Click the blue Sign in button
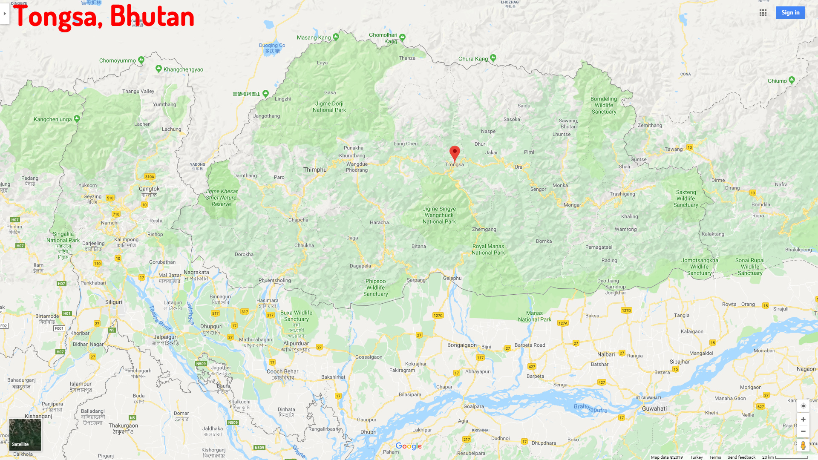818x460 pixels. click(x=790, y=13)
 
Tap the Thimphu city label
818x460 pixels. click(x=315, y=170)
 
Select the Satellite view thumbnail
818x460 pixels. click(x=25, y=434)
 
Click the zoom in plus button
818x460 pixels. click(x=803, y=420)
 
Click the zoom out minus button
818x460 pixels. click(x=803, y=431)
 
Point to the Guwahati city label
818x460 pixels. click(x=654, y=408)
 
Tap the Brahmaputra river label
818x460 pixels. click(x=590, y=408)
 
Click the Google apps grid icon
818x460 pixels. click(x=763, y=13)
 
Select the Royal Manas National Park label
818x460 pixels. click(x=488, y=250)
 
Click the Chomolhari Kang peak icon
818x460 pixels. click(x=402, y=37)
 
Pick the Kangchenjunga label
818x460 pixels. click(x=53, y=119)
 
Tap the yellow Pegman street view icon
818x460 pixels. click(x=803, y=446)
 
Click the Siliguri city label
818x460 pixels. click(x=113, y=302)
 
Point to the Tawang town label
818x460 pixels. click(x=673, y=149)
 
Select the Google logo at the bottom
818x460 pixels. click(x=409, y=446)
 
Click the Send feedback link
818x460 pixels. click(x=741, y=457)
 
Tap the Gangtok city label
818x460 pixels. click(x=149, y=189)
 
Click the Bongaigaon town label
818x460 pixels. click(x=462, y=345)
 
